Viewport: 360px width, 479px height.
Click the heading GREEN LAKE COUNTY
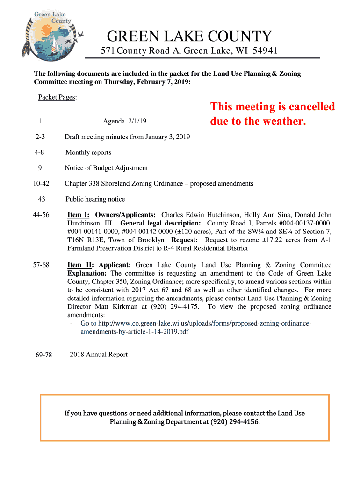[x=189, y=36]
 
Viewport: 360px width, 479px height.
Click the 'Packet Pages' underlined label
[x=57, y=97]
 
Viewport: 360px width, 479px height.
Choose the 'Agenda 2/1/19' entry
[x=125, y=121]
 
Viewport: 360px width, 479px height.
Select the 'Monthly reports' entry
[x=88, y=152]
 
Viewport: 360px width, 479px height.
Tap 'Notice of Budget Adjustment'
[x=106, y=168]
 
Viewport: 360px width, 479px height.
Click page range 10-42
[x=41, y=183]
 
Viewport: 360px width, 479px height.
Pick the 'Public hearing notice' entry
[x=95, y=199]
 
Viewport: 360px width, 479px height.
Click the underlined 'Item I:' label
[x=79, y=215]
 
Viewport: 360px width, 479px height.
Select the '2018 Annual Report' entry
[x=99, y=355]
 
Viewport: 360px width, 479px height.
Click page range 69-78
[x=43, y=355]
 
